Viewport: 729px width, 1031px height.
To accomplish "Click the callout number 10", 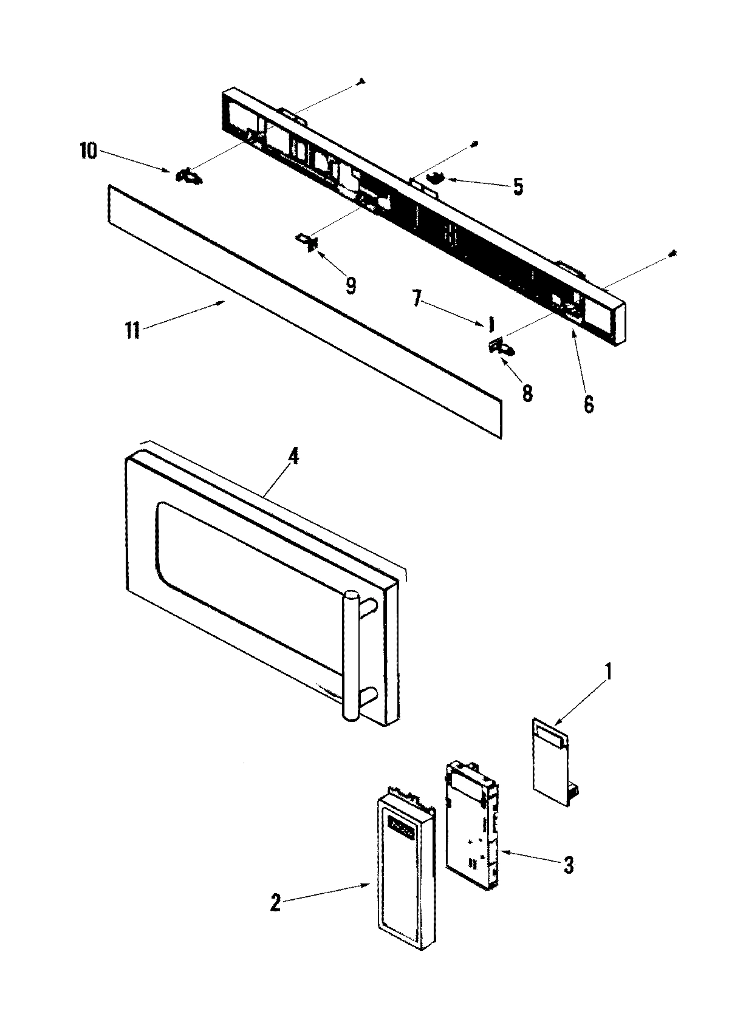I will (88, 151).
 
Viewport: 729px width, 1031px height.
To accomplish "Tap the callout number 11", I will (132, 331).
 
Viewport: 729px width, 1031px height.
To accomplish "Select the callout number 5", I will (518, 187).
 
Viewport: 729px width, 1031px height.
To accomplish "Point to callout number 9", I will (351, 285).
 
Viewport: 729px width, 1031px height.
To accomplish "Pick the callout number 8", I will (527, 393).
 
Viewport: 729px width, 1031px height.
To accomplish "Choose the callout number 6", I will (588, 403).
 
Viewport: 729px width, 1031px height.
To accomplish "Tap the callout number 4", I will (292, 458).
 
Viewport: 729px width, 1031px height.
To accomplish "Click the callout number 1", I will (609, 673).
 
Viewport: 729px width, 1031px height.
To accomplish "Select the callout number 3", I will (568, 865).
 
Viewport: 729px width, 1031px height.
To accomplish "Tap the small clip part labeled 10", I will (189, 177).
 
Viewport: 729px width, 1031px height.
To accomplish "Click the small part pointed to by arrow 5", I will (436, 178).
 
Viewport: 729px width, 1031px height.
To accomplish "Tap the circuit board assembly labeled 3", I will (473, 832).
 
